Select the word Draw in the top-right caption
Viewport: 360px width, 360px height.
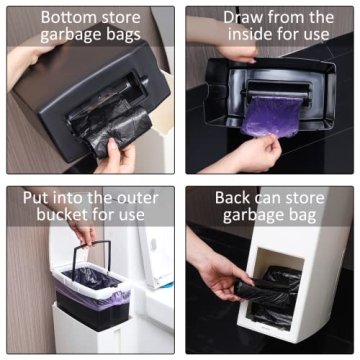click(247, 18)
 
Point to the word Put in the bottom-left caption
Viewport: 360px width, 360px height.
click(37, 196)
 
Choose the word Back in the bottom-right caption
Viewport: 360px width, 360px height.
click(234, 197)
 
